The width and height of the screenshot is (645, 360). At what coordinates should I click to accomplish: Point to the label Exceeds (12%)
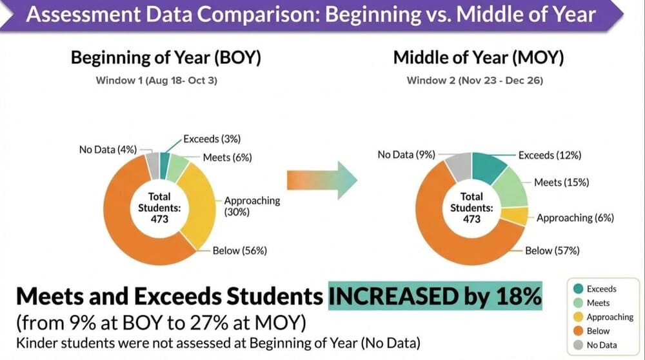[x=550, y=155]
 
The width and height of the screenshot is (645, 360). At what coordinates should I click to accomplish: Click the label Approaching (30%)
[x=252, y=206]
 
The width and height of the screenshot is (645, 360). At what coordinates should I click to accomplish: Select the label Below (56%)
[x=240, y=250]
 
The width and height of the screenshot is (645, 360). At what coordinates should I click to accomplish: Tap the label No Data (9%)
[x=406, y=155]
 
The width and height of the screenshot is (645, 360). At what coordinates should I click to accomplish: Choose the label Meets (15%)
[x=561, y=183]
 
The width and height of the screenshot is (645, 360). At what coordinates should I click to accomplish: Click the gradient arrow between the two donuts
[x=321, y=176]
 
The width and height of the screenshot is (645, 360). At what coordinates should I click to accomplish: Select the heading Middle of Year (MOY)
[x=479, y=58]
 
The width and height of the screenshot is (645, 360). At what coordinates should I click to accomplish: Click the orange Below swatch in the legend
[x=577, y=330]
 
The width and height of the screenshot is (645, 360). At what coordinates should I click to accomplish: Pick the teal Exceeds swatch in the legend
[x=577, y=289]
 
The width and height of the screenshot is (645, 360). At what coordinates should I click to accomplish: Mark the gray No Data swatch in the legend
[x=577, y=344]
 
